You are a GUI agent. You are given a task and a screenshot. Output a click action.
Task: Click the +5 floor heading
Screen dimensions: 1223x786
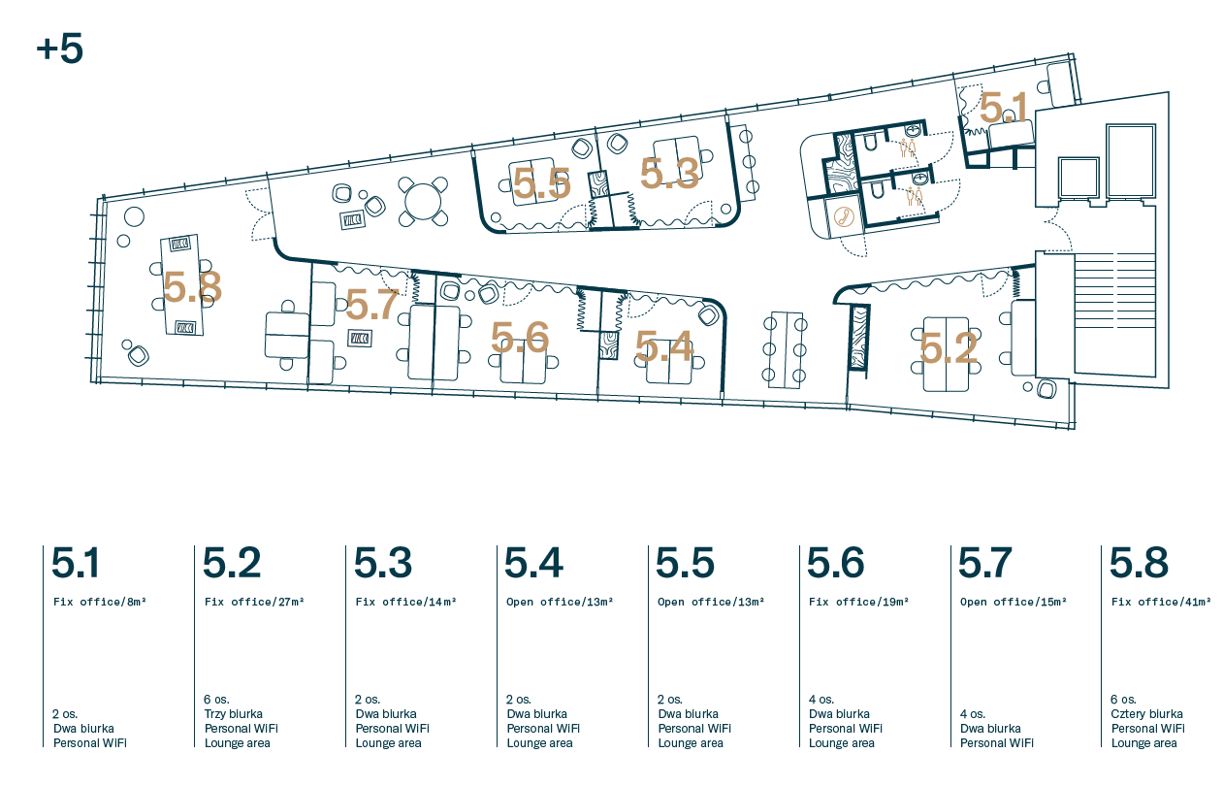pyautogui.click(x=59, y=49)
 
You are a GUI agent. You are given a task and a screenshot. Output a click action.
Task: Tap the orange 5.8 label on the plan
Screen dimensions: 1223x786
pyautogui.click(x=192, y=287)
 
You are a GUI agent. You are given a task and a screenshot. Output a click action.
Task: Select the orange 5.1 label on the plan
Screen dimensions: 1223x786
pyautogui.click(x=1003, y=108)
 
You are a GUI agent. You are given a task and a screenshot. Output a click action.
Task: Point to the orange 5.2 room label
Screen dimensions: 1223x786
pyautogui.click(x=949, y=348)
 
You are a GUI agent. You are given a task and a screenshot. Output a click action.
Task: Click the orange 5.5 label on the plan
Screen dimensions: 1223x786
pyautogui.click(x=541, y=183)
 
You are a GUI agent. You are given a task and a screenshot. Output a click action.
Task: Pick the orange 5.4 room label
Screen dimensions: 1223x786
pyautogui.click(x=664, y=346)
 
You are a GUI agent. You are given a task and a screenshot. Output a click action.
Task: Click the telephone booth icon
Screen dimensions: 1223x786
pyautogui.click(x=844, y=216)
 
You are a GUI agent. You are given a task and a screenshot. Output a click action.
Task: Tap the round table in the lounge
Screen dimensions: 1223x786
pyautogui.click(x=423, y=201)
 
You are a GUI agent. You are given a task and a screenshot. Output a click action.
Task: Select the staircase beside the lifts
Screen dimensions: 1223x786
pyautogui.click(x=1115, y=313)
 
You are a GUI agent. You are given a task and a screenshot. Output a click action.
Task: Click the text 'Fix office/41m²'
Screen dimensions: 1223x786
pyautogui.click(x=1161, y=602)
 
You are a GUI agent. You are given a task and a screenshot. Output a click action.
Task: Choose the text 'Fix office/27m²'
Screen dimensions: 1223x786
pyautogui.click(x=254, y=602)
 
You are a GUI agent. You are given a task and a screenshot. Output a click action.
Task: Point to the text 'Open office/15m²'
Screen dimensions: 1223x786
pyautogui.click(x=1013, y=602)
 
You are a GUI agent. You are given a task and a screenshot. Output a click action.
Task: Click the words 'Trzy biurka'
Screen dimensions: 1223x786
pyautogui.click(x=233, y=714)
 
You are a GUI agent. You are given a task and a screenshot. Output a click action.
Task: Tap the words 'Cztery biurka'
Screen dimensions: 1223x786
pyautogui.click(x=1146, y=714)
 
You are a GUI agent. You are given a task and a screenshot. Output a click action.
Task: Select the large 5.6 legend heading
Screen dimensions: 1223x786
pyautogui.click(x=835, y=562)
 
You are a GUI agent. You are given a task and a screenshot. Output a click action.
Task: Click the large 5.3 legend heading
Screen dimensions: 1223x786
pyautogui.click(x=383, y=562)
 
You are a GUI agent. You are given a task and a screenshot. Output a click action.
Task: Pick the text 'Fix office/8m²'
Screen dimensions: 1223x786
pyautogui.click(x=99, y=602)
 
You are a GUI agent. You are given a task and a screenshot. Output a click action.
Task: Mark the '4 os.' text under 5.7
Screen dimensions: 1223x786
pyautogui.click(x=973, y=714)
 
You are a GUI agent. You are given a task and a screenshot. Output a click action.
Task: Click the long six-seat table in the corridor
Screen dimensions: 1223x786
pyautogui.click(x=786, y=350)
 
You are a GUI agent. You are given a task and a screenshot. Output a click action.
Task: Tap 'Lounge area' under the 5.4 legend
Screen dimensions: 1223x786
pyautogui.click(x=539, y=743)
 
